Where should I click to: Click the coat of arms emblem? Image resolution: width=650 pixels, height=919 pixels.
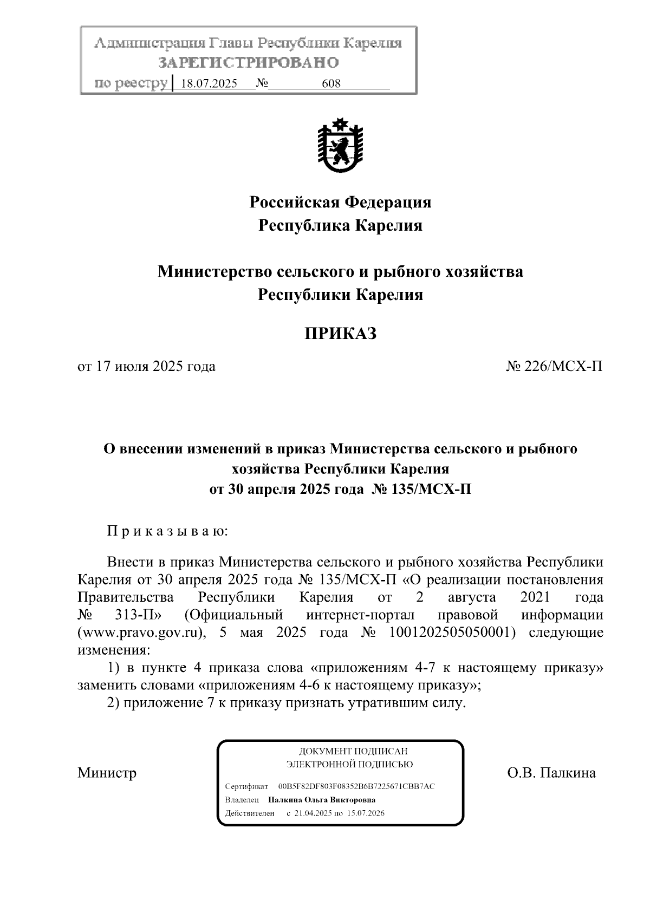[340, 145]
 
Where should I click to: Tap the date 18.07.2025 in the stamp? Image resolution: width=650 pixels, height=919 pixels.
[209, 84]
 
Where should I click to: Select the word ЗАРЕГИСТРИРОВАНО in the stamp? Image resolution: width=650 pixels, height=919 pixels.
[249, 63]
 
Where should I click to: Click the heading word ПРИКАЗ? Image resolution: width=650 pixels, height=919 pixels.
[340, 334]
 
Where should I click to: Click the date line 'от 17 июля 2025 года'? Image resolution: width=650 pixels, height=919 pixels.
[147, 367]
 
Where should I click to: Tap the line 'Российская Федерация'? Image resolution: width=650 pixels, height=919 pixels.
[340, 203]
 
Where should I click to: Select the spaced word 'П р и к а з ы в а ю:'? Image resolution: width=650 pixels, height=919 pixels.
[168, 531]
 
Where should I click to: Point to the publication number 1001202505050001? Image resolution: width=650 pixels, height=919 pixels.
[451, 633]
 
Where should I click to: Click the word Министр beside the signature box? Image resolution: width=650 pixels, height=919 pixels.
[107, 773]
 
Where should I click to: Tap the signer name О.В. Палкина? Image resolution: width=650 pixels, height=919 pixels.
[551, 773]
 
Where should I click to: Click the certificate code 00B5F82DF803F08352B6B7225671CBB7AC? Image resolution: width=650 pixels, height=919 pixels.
[356, 786]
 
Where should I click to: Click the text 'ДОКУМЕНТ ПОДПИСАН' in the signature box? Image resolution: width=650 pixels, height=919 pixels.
[353, 752]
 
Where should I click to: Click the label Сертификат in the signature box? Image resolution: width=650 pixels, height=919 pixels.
[246, 786]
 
